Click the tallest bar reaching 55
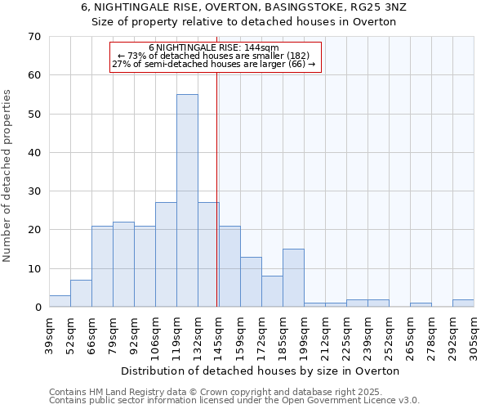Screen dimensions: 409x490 tap(187, 200)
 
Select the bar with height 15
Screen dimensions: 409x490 tap(293, 278)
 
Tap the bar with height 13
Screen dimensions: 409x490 tap(251, 282)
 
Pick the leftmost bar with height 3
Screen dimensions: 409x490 tap(60, 301)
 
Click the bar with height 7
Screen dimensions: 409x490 tap(81, 294)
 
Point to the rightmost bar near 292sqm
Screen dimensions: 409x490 tap(463, 303)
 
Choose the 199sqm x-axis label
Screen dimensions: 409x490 tap(304, 335)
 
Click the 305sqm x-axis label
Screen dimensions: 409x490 tap(474, 335)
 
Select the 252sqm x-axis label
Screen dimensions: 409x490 tap(389, 335)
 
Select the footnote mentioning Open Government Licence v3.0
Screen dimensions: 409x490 tap(234, 401)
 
